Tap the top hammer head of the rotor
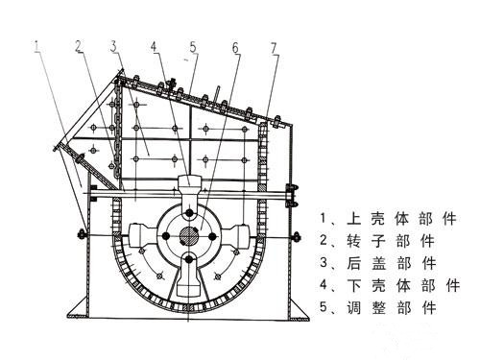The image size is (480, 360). coord(189,186)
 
